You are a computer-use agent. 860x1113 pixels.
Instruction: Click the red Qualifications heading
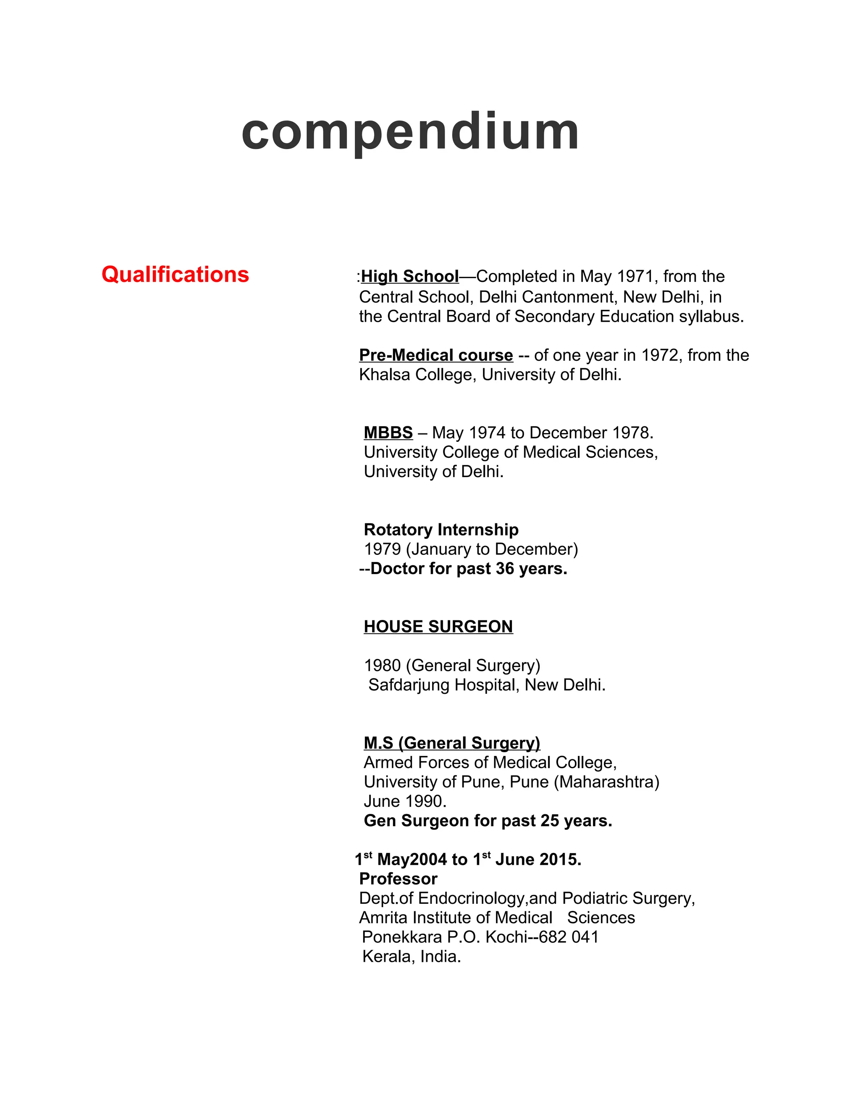point(175,275)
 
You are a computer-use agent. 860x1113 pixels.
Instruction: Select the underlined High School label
point(410,276)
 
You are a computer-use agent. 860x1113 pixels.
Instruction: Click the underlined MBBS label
point(388,433)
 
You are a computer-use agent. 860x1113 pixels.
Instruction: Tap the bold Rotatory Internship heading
point(441,530)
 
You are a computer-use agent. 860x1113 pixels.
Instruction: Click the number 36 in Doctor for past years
point(504,569)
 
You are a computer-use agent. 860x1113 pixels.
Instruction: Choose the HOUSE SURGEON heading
point(438,626)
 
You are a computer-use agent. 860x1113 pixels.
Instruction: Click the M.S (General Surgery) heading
point(452,743)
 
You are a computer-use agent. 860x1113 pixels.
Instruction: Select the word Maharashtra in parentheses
point(606,782)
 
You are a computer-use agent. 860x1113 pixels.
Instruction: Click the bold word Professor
point(399,879)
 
